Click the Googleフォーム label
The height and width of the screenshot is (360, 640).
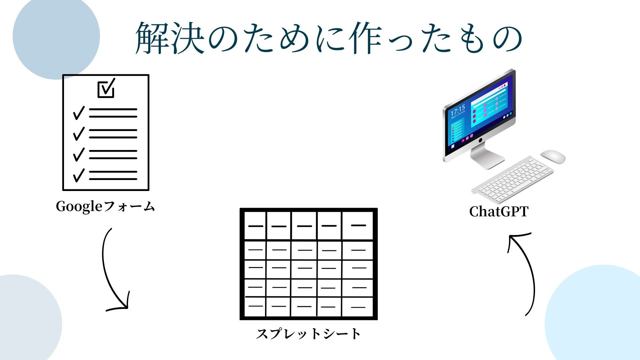click(x=105, y=206)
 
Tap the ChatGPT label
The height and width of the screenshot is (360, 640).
click(x=499, y=211)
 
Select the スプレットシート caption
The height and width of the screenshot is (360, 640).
click(x=308, y=334)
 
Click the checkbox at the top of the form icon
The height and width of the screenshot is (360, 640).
click(x=106, y=88)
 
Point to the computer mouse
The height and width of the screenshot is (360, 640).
click(x=553, y=156)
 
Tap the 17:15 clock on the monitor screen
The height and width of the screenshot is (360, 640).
click(x=458, y=111)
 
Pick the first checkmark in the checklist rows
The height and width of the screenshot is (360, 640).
click(x=79, y=113)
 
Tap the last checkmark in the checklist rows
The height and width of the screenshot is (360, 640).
click(x=79, y=175)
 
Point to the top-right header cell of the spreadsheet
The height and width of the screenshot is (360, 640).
click(x=358, y=226)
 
